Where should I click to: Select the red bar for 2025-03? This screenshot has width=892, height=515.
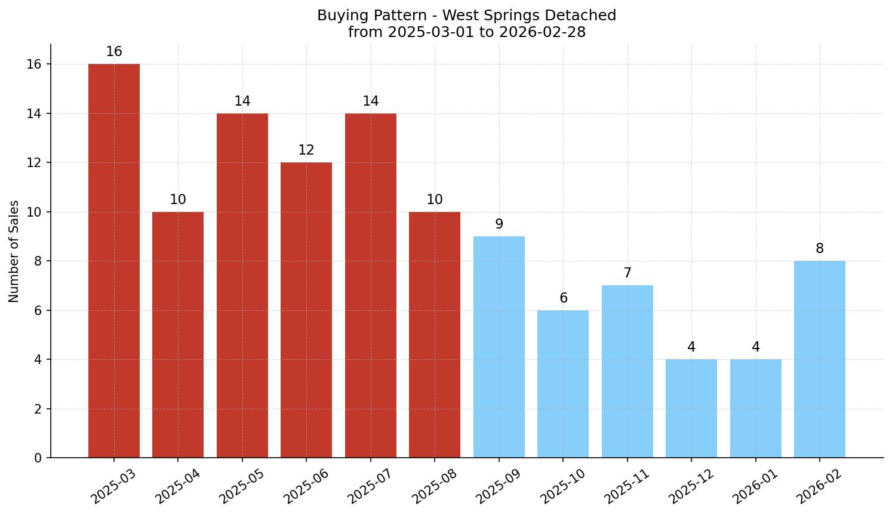tap(113, 261)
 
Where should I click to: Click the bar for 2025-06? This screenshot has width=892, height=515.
tap(306, 310)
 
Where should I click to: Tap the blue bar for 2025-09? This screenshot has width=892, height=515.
tap(499, 347)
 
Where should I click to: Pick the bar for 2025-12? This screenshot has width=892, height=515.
tap(691, 408)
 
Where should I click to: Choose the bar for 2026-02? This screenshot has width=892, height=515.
tap(819, 359)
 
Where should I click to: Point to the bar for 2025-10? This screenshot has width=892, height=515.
tap(563, 384)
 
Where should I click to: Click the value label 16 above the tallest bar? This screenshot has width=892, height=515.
tap(114, 52)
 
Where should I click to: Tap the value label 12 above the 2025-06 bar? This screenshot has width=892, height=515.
tap(306, 150)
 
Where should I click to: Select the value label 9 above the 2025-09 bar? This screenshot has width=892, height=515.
tap(499, 224)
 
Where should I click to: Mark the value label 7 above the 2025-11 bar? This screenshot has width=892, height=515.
tap(628, 273)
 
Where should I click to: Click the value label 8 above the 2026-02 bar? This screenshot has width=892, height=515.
tap(820, 249)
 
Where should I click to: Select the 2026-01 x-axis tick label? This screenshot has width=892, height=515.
tap(756, 486)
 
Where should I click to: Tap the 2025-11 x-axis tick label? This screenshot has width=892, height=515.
tap(628, 486)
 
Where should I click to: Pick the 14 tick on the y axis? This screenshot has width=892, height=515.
tap(35, 113)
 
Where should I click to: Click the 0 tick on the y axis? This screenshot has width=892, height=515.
tap(38, 458)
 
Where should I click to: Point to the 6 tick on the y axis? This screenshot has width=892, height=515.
tap(38, 310)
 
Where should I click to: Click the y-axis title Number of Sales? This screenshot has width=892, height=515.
tap(14, 251)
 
